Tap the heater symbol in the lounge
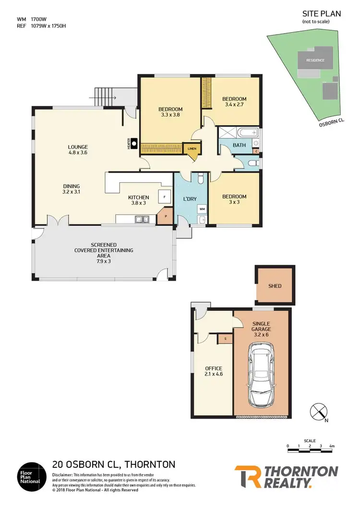pos(135,143)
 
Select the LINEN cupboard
pos(192,149)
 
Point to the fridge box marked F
pos(165,197)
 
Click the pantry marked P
pos(166,216)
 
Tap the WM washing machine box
pos(202,209)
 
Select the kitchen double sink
pos(142,220)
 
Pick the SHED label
pos(275,286)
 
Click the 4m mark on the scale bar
pos(332,447)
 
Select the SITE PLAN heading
pos(321,14)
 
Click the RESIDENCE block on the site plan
pos(316,60)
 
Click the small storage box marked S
pos(225,339)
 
